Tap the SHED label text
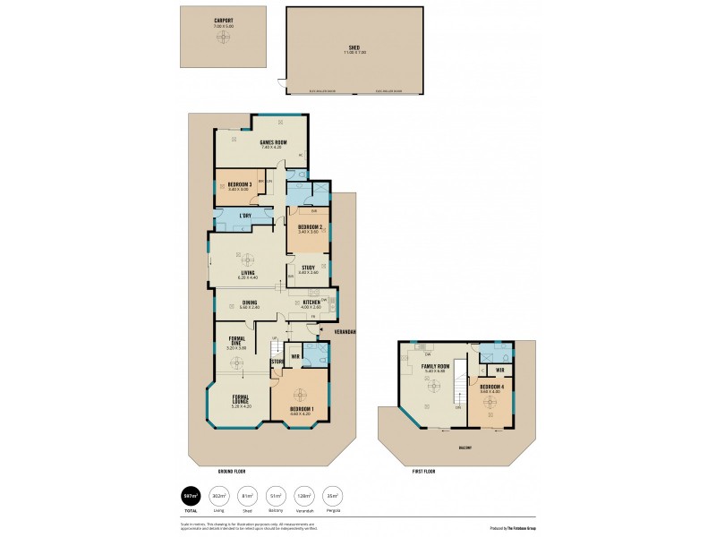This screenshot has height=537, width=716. tap(354, 47)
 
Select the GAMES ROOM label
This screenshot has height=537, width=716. tap(273, 142)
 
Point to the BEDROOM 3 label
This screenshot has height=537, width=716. tap(239, 184)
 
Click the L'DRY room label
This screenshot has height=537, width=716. tap(243, 216)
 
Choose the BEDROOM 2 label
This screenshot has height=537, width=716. tap(310, 227)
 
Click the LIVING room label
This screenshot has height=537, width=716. tap(248, 272)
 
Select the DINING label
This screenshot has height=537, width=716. tap(250, 302)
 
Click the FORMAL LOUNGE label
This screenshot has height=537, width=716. tap(241, 399)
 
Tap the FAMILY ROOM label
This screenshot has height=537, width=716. tap(435, 366)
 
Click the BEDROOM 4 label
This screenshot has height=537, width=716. tap(491, 387)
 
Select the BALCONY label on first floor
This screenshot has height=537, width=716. tap(465, 447)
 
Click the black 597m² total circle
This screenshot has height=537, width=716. tap(191, 495)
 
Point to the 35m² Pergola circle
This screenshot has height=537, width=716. tap(333, 495)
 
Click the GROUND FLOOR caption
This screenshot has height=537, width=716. tap(232, 470)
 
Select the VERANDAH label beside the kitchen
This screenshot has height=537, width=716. tap(345, 331)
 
